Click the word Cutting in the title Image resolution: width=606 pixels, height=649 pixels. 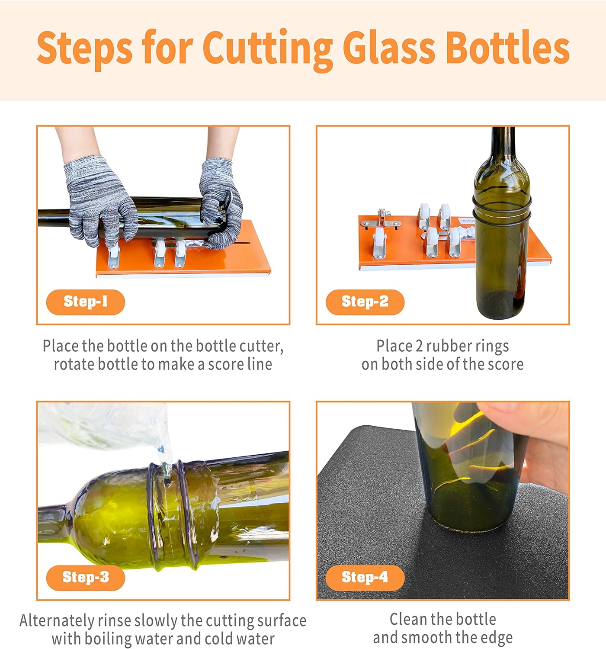267,48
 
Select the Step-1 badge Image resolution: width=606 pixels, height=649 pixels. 85,302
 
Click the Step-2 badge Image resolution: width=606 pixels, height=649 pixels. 365,302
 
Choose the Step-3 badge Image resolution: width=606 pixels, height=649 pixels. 85,577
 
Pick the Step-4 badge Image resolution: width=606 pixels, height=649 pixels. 365,577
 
